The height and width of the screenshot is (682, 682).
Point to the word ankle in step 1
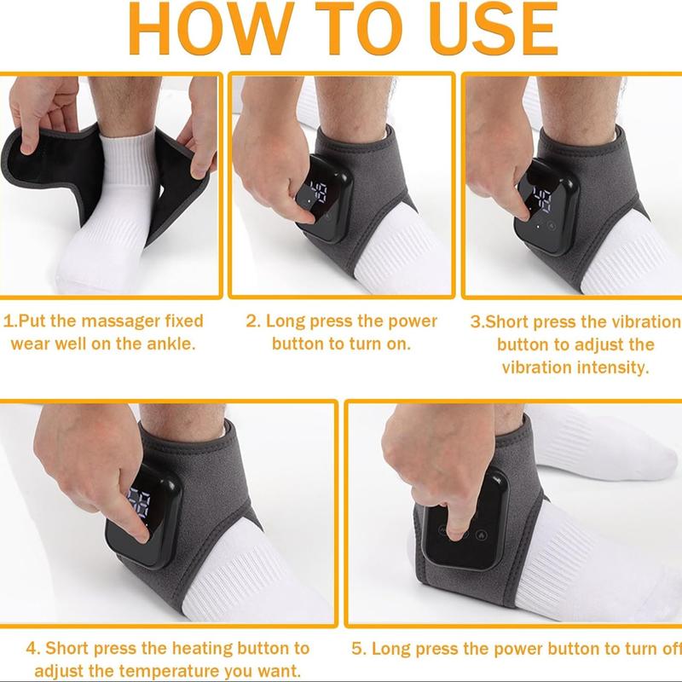pos(170,344)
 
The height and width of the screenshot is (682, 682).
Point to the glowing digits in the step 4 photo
pos(138,504)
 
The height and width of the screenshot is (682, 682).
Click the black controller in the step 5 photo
pos(464,524)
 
